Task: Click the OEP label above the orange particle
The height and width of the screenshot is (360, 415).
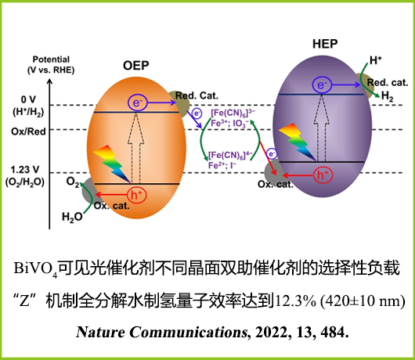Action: click(135, 65)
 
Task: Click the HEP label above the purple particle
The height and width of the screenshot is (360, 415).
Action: click(325, 44)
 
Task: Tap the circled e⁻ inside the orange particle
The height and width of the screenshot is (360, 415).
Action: click(137, 103)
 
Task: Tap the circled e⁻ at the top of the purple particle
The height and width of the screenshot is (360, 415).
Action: click(322, 85)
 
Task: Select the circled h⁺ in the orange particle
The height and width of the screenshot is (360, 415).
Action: click(136, 195)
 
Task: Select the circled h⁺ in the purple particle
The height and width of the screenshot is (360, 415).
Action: click(323, 175)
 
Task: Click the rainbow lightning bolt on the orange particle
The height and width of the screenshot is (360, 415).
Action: click(112, 164)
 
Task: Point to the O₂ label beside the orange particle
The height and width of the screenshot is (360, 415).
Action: click(73, 182)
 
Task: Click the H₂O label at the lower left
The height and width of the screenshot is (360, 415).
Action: click(72, 217)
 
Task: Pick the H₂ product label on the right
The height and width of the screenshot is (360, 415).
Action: click(387, 95)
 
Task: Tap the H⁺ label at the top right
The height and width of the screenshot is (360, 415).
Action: click(375, 60)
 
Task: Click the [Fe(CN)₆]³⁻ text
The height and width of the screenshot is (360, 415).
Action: click(233, 113)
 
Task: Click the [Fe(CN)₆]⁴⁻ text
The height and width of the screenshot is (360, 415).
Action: click(230, 155)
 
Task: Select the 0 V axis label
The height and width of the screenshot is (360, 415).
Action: click(28, 99)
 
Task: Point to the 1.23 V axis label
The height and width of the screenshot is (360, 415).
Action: click(25, 170)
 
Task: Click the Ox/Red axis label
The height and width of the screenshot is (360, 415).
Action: click(28, 131)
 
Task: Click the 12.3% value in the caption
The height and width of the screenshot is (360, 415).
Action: click(296, 301)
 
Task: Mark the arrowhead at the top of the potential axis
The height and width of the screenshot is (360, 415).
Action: click(49, 79)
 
